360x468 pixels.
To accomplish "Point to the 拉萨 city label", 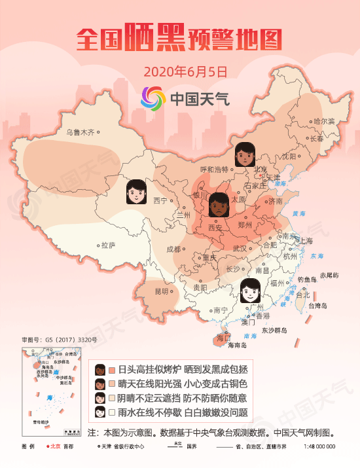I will (108, 245).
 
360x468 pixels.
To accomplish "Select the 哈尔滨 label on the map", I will (323, 121).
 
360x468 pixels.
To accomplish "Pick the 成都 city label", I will (173, 249).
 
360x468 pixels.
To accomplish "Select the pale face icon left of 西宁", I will (135, 192).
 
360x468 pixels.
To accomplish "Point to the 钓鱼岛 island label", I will (308, 279).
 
